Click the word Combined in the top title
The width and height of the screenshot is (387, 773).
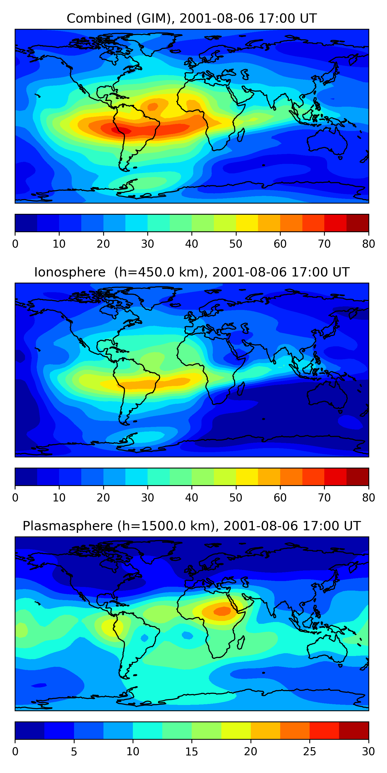click(99, 18)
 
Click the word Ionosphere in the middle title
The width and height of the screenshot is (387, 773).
click(70, 272)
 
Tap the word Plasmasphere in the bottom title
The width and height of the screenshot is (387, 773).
click(68, 526)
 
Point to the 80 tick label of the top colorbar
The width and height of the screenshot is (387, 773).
click(368, 244)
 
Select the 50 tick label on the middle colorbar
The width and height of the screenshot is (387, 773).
click(236, 498)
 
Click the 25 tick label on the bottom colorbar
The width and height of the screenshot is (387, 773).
click(310, 752)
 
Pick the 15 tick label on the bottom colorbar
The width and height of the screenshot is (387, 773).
click(191, 752)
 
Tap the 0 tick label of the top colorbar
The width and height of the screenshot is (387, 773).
click(15, 244)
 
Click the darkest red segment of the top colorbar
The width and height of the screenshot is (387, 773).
click(358, 223)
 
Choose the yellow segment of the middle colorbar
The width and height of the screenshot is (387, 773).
click(247, 477)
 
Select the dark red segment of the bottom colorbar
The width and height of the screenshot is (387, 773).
click(354, 731)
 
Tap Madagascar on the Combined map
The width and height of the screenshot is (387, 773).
click(241, 135)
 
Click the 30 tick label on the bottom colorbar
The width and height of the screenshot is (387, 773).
click(368, 752)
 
